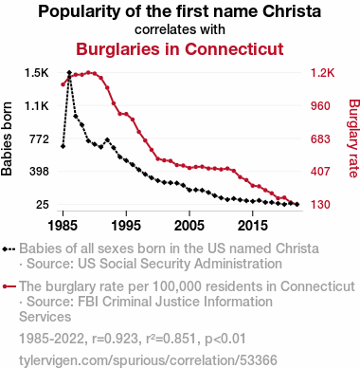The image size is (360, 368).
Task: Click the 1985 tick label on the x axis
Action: (x=63, y=226)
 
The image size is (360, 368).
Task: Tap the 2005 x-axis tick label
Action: (x=189, y=226)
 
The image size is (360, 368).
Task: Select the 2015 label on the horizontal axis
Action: (x=253, y=226)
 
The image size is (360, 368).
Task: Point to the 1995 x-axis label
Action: (x=126, y=226)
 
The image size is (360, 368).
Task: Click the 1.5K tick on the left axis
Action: (x=37, y=73)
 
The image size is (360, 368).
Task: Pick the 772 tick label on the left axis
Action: (x=39, y=138)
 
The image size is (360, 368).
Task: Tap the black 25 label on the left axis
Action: (x=43, y=205)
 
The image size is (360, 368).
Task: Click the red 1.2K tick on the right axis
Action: (x=322, y=73)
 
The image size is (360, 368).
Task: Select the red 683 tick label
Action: (x=320, y=138)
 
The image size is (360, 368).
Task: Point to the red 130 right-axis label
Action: (x=320, y=205)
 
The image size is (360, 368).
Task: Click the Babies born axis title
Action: (x=7, y=138)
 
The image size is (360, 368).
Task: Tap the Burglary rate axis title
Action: (x=354, y=138)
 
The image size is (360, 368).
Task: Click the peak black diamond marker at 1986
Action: (x=69, y=73)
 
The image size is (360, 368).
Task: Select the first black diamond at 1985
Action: (x=63, y=146)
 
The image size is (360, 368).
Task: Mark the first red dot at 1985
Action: (x=63, y=84)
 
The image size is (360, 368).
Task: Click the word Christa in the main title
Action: (x=292, y=11)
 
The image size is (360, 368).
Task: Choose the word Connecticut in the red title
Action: (x=234, y=49)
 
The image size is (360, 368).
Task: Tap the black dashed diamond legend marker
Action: (x=9, y=249)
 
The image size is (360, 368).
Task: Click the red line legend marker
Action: (x=9, y=286)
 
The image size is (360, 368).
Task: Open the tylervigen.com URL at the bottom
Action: (x=148, y=360)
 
